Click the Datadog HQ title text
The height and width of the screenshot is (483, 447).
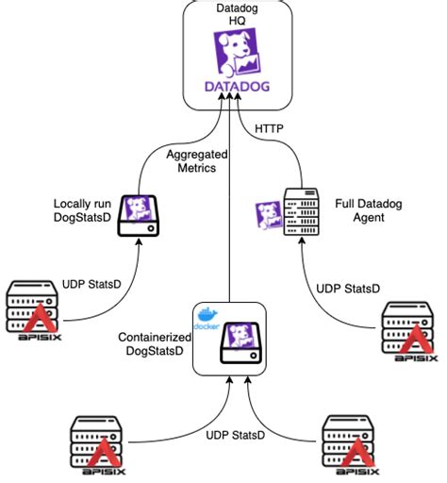tap(237, 14)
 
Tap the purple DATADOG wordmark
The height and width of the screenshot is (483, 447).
tap(237, 87)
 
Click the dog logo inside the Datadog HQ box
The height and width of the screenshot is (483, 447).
tap(237, 53)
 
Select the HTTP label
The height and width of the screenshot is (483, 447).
tap(269, 128)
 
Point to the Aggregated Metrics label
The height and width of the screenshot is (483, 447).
tap(197, 161)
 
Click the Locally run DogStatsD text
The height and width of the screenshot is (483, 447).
tap(82, 210)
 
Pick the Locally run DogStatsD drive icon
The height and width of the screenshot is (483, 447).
tap(139, 216)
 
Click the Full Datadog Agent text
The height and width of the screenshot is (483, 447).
tap(369, 210)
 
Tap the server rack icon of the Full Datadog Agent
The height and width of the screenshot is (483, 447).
tap(302, 211)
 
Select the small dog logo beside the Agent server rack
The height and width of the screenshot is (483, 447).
tap(269, 215)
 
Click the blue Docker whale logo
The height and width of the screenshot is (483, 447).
tap(207, 318)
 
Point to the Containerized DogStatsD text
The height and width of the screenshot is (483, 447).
tap(155, 344)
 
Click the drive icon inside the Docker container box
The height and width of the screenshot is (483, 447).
tap(240, 342)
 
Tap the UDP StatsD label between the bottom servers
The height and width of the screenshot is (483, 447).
tap(235, 435)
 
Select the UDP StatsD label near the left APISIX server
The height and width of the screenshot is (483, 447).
tap(91, 284)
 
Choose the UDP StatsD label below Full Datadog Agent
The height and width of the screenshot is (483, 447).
tap(348, 289)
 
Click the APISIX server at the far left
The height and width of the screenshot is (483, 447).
tap(33, 310)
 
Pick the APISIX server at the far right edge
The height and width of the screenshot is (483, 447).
tap(409, 332)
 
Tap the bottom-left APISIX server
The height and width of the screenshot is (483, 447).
tap(97, 445)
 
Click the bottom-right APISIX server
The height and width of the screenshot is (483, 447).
tap(350, 445)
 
